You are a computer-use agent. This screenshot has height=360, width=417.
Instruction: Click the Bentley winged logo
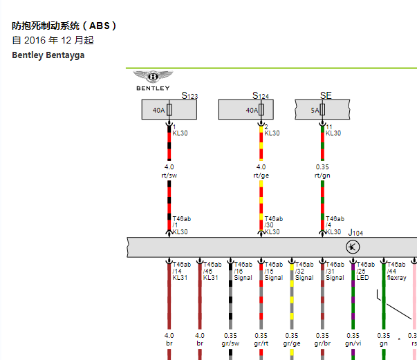point(153,77)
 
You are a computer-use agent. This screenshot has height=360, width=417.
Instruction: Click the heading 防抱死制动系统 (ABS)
point(64,26)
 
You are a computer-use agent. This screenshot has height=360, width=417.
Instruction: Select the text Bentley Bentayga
point(48,55)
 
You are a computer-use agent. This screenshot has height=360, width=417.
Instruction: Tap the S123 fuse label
point(189,95)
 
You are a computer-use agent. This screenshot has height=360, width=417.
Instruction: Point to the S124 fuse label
point(261,95)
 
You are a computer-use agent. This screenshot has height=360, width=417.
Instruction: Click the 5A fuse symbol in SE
point(322,109)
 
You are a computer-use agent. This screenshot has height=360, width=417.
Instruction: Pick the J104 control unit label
point(355,233)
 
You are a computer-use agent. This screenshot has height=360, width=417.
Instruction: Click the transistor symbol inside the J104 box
point(353,247)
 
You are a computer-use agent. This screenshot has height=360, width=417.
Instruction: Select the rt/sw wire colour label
point(169,176)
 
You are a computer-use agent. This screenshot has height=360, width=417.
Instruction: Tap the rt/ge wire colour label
point(261,176)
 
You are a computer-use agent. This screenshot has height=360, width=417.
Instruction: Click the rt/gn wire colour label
point(322,176)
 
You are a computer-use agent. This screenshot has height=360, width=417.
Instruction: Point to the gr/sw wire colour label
point(230,343)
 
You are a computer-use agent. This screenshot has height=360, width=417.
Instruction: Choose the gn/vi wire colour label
point(353,343)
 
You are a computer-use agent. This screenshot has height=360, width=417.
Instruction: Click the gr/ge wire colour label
point(292,343)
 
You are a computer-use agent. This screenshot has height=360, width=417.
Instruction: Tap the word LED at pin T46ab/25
point(362,278)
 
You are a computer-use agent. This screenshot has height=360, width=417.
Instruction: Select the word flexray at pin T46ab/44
point(397,278)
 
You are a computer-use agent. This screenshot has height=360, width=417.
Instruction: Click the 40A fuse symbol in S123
point(169,109)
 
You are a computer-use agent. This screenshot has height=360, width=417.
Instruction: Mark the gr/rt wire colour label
point(261,343)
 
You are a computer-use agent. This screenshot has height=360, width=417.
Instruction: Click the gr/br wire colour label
point(322,343)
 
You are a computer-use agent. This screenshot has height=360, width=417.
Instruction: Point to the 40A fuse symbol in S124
point(261,109)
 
